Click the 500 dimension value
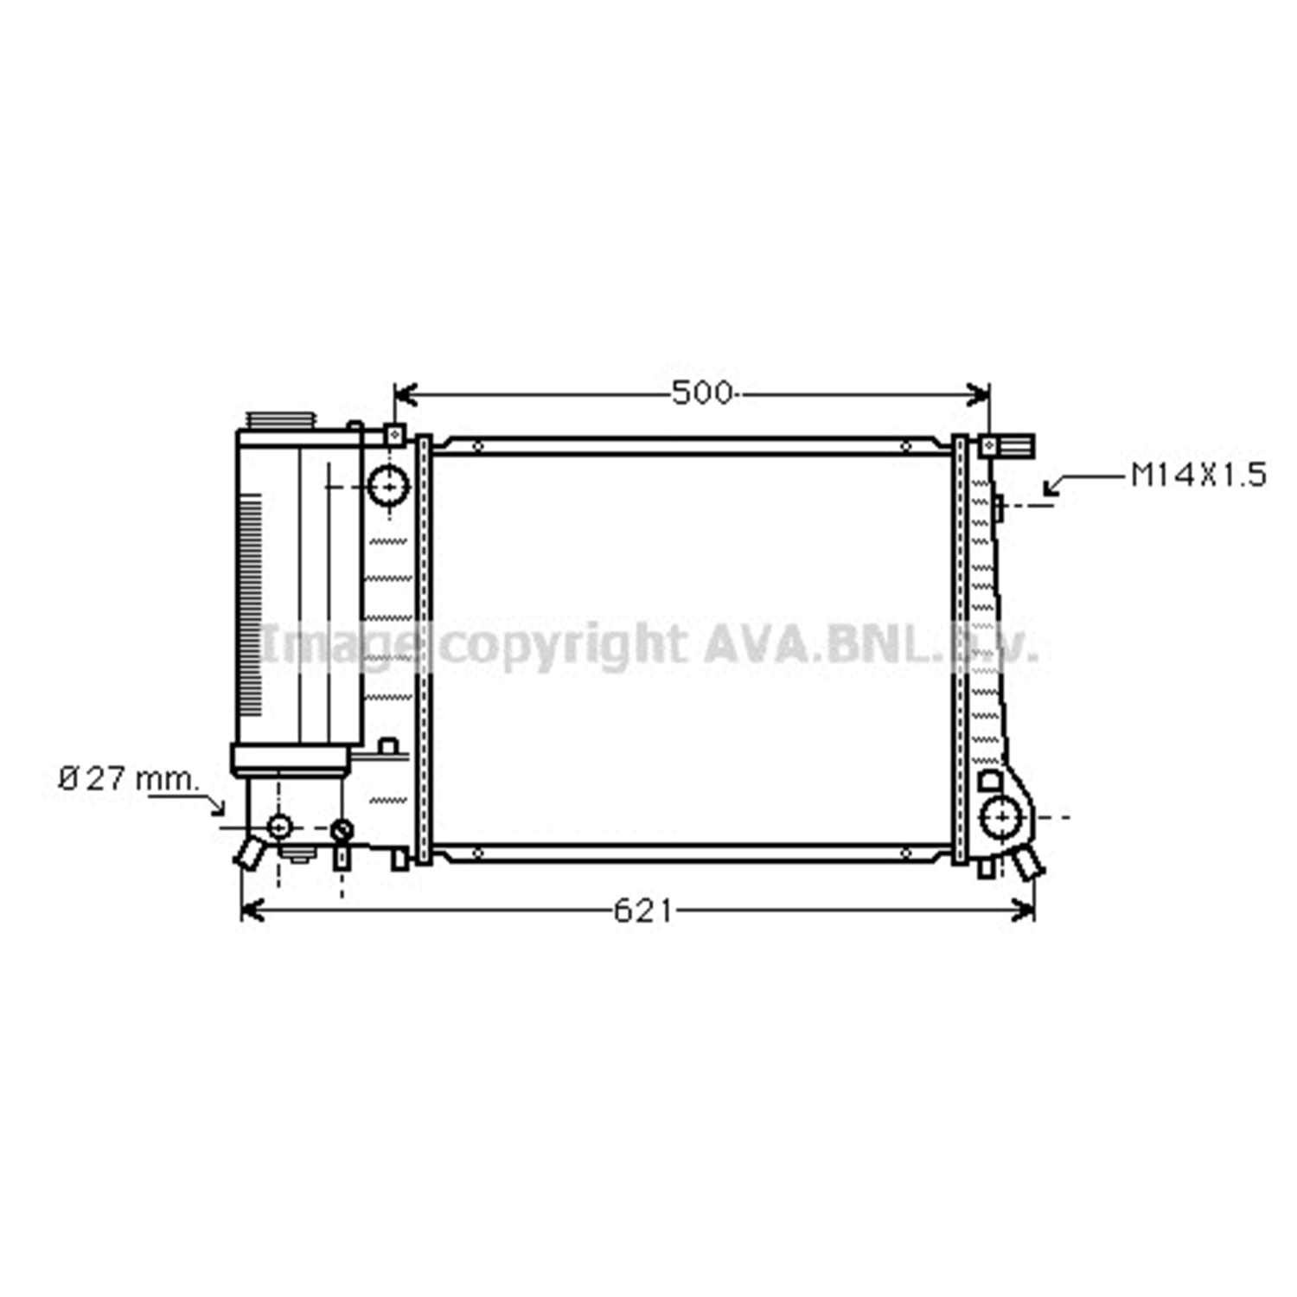tap(702, 393)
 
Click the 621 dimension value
tap(642, 910)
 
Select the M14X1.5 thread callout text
tap(1198, 475)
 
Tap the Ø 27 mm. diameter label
tap(129, 779)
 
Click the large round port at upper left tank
tap(388, 487)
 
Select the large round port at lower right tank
tap(1002, 816)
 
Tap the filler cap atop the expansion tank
tap(281, 420)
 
